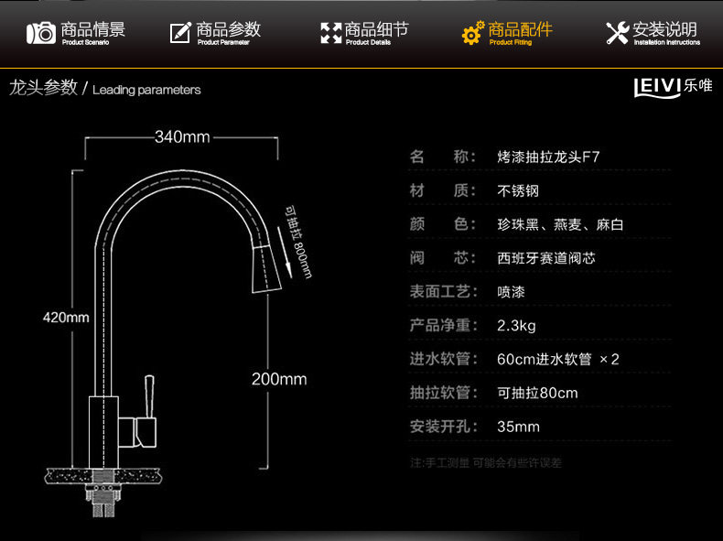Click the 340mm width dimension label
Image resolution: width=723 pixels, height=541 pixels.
coord(182,137)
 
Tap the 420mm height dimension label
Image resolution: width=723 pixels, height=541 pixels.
coord(66,318)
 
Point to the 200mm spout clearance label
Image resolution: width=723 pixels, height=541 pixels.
coord(279,379)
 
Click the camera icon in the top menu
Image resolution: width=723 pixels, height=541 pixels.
coord(40,34)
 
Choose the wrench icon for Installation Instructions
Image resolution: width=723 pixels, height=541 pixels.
coord(618,34)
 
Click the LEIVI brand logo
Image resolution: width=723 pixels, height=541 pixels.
coord(673,87)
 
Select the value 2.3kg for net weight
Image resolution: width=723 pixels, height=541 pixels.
coord(516,325)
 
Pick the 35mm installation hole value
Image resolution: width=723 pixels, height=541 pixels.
coord(518,427)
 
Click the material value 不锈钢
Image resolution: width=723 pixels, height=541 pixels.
coord(518,190)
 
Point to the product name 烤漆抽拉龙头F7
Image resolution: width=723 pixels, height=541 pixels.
coord(548,157)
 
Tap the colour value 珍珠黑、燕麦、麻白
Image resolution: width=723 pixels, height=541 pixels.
coord(560,224)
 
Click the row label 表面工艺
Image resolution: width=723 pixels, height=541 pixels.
coord(443,292)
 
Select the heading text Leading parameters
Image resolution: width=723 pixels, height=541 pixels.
coord(146,90)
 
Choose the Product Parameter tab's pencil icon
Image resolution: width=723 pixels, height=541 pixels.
coord(180,34)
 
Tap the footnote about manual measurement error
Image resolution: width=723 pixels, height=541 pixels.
coord(485,463)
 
